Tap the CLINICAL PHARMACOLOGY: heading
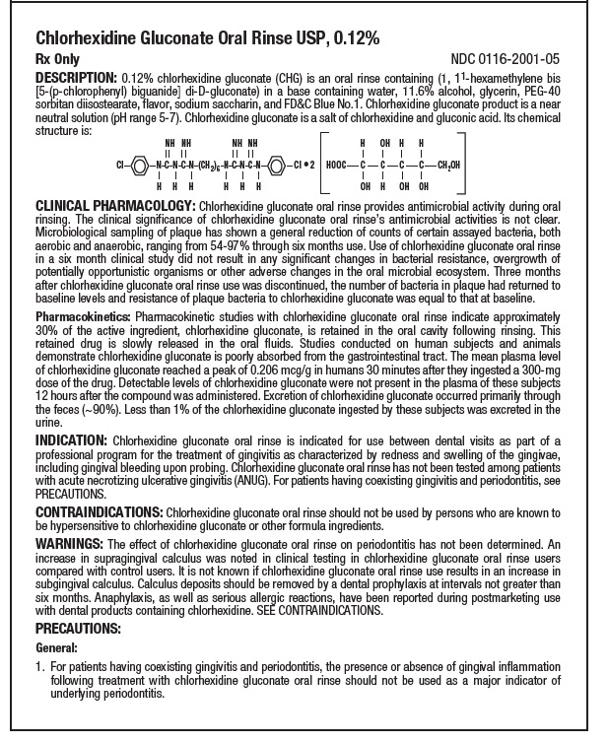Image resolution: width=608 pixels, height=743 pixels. (115, 204)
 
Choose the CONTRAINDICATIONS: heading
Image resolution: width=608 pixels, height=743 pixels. (99, 513)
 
